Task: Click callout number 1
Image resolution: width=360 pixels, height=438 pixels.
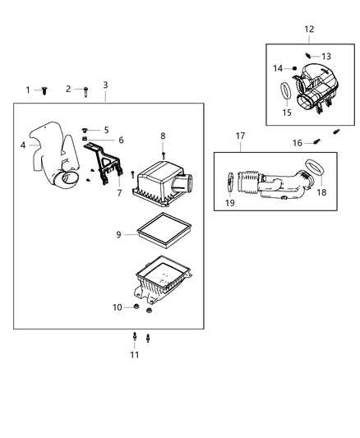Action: (27, 90)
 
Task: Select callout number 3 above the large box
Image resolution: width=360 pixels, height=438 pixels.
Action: (105, 85)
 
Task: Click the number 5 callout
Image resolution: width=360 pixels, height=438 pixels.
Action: (106, 130)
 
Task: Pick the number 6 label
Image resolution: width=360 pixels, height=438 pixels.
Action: (120, 141)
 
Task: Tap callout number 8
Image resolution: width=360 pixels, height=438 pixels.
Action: (163, 136)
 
